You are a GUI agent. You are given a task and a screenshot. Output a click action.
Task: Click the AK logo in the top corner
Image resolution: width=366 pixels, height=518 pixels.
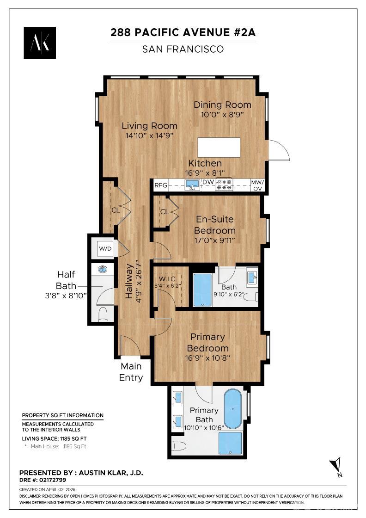(x=40, y=43)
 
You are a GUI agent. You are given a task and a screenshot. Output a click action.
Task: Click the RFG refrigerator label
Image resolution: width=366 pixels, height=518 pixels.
(x=160, y=185)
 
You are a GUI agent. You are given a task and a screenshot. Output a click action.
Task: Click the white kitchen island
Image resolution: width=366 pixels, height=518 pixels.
(x=219, y=147)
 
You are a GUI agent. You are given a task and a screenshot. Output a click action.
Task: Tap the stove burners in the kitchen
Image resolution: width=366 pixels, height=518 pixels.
(x=224, y=185)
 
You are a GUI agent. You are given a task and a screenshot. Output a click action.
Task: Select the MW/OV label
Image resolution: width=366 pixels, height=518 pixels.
(x=257, y=185)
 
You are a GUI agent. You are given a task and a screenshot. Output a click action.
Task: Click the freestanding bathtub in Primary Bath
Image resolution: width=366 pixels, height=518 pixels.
(x=233, y=409)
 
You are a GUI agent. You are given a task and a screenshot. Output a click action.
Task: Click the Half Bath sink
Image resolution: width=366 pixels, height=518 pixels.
(x=102, y=270)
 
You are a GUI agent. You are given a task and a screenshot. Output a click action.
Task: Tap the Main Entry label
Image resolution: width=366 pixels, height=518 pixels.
(x=131, y=372)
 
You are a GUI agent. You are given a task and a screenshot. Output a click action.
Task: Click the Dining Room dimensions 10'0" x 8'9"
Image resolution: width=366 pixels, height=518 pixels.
(x=222, y=114)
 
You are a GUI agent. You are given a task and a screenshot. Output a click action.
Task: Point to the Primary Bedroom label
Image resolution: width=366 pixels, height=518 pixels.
(x=207, y=342)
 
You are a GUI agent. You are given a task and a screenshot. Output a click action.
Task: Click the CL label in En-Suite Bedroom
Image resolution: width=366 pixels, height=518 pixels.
(x=164, y=212)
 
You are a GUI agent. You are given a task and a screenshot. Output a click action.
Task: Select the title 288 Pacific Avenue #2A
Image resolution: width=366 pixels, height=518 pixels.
(x=183, y=32)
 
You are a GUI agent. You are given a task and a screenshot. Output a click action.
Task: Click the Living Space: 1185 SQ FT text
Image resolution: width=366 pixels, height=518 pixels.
(x=54, y=438)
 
